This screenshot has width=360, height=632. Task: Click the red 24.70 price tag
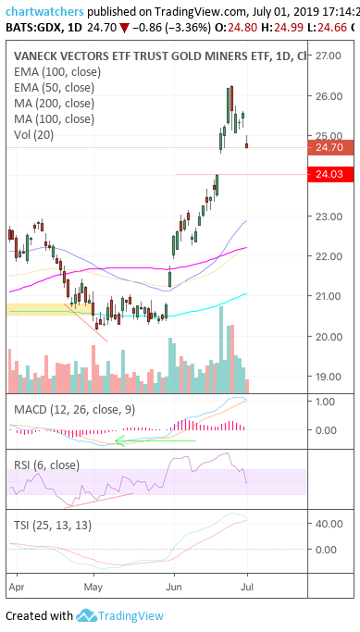pos(330,147)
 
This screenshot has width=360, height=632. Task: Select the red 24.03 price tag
pos(330,174)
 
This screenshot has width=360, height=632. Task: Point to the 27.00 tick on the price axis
pos(328,56)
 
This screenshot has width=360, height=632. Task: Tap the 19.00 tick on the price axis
pos(328,377)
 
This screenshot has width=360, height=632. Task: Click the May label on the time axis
pos(93,588)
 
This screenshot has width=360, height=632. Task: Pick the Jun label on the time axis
pos(174,587)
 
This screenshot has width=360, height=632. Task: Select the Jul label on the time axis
pos(247,587)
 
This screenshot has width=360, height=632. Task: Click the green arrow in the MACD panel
pos(155,441)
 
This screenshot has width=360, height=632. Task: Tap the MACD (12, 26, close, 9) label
pos(75,410)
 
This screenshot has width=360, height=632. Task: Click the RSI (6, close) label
pos(47,465)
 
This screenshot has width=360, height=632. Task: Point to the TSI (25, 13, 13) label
pos(53,526)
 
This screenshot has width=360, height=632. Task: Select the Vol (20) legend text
pos(33,134)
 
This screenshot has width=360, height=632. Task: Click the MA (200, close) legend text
pos(54,104)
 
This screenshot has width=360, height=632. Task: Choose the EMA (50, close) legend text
pos(54,88)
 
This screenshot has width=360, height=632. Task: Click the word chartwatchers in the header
pos(44,11)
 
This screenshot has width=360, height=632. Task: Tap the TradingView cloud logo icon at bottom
pos(86,615)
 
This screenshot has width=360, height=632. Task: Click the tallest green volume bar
pos(221,350)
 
